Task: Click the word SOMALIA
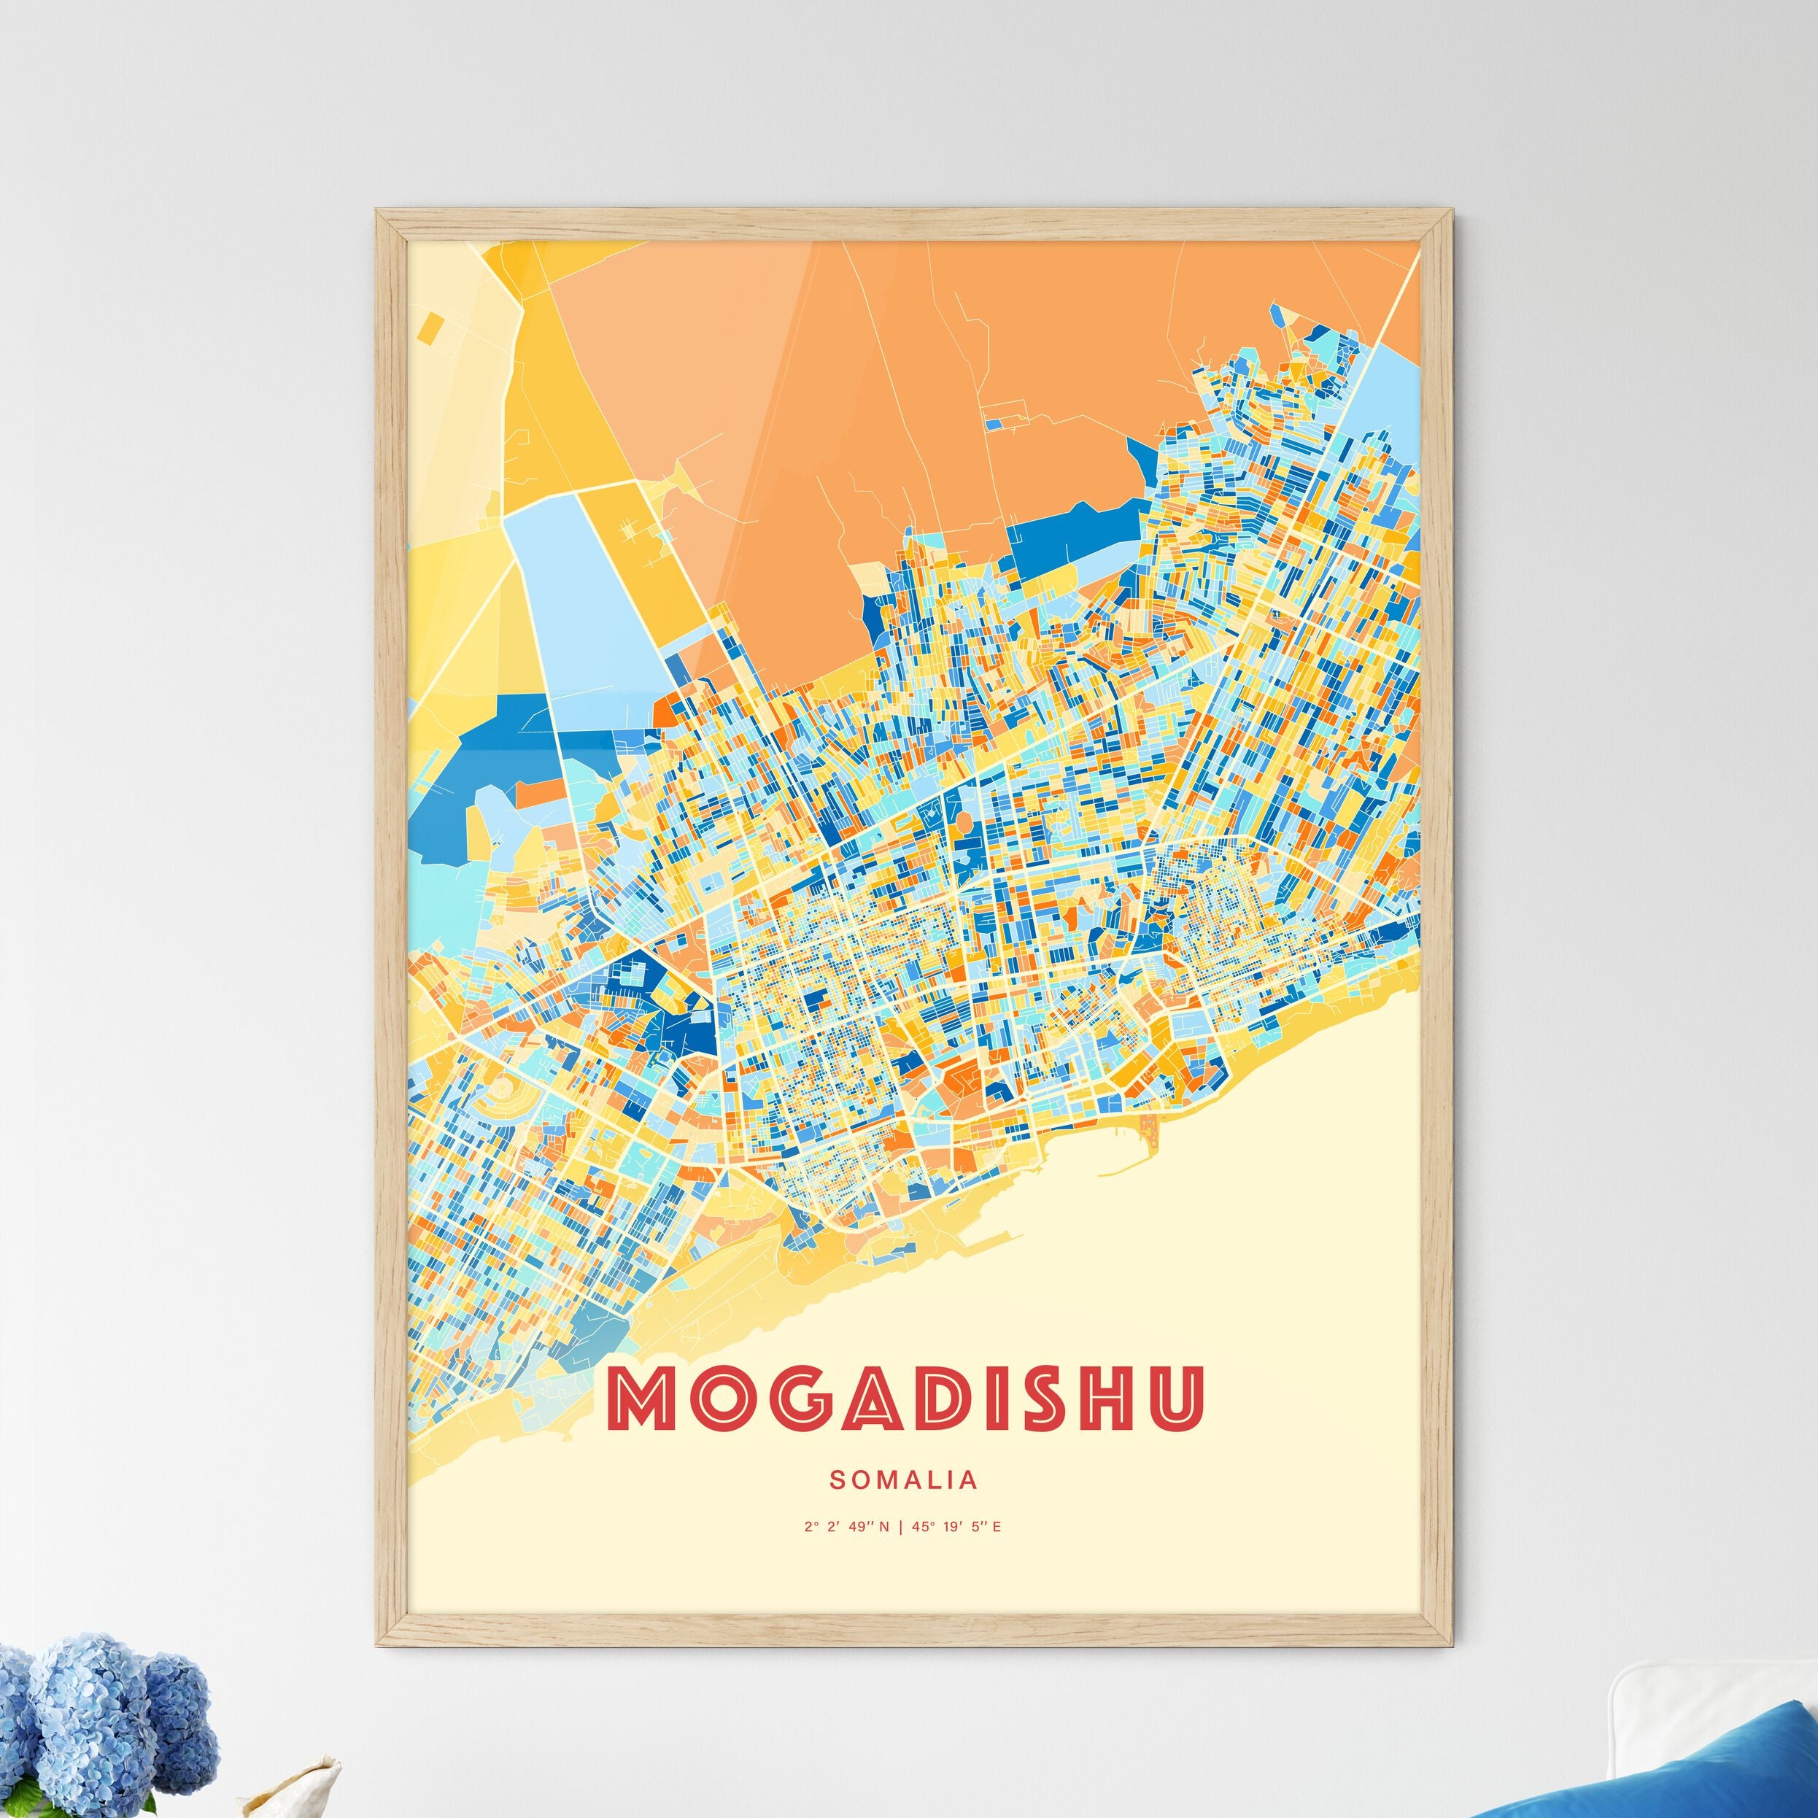[x=903, y=1480]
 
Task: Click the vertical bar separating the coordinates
[x=902, y=1526]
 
